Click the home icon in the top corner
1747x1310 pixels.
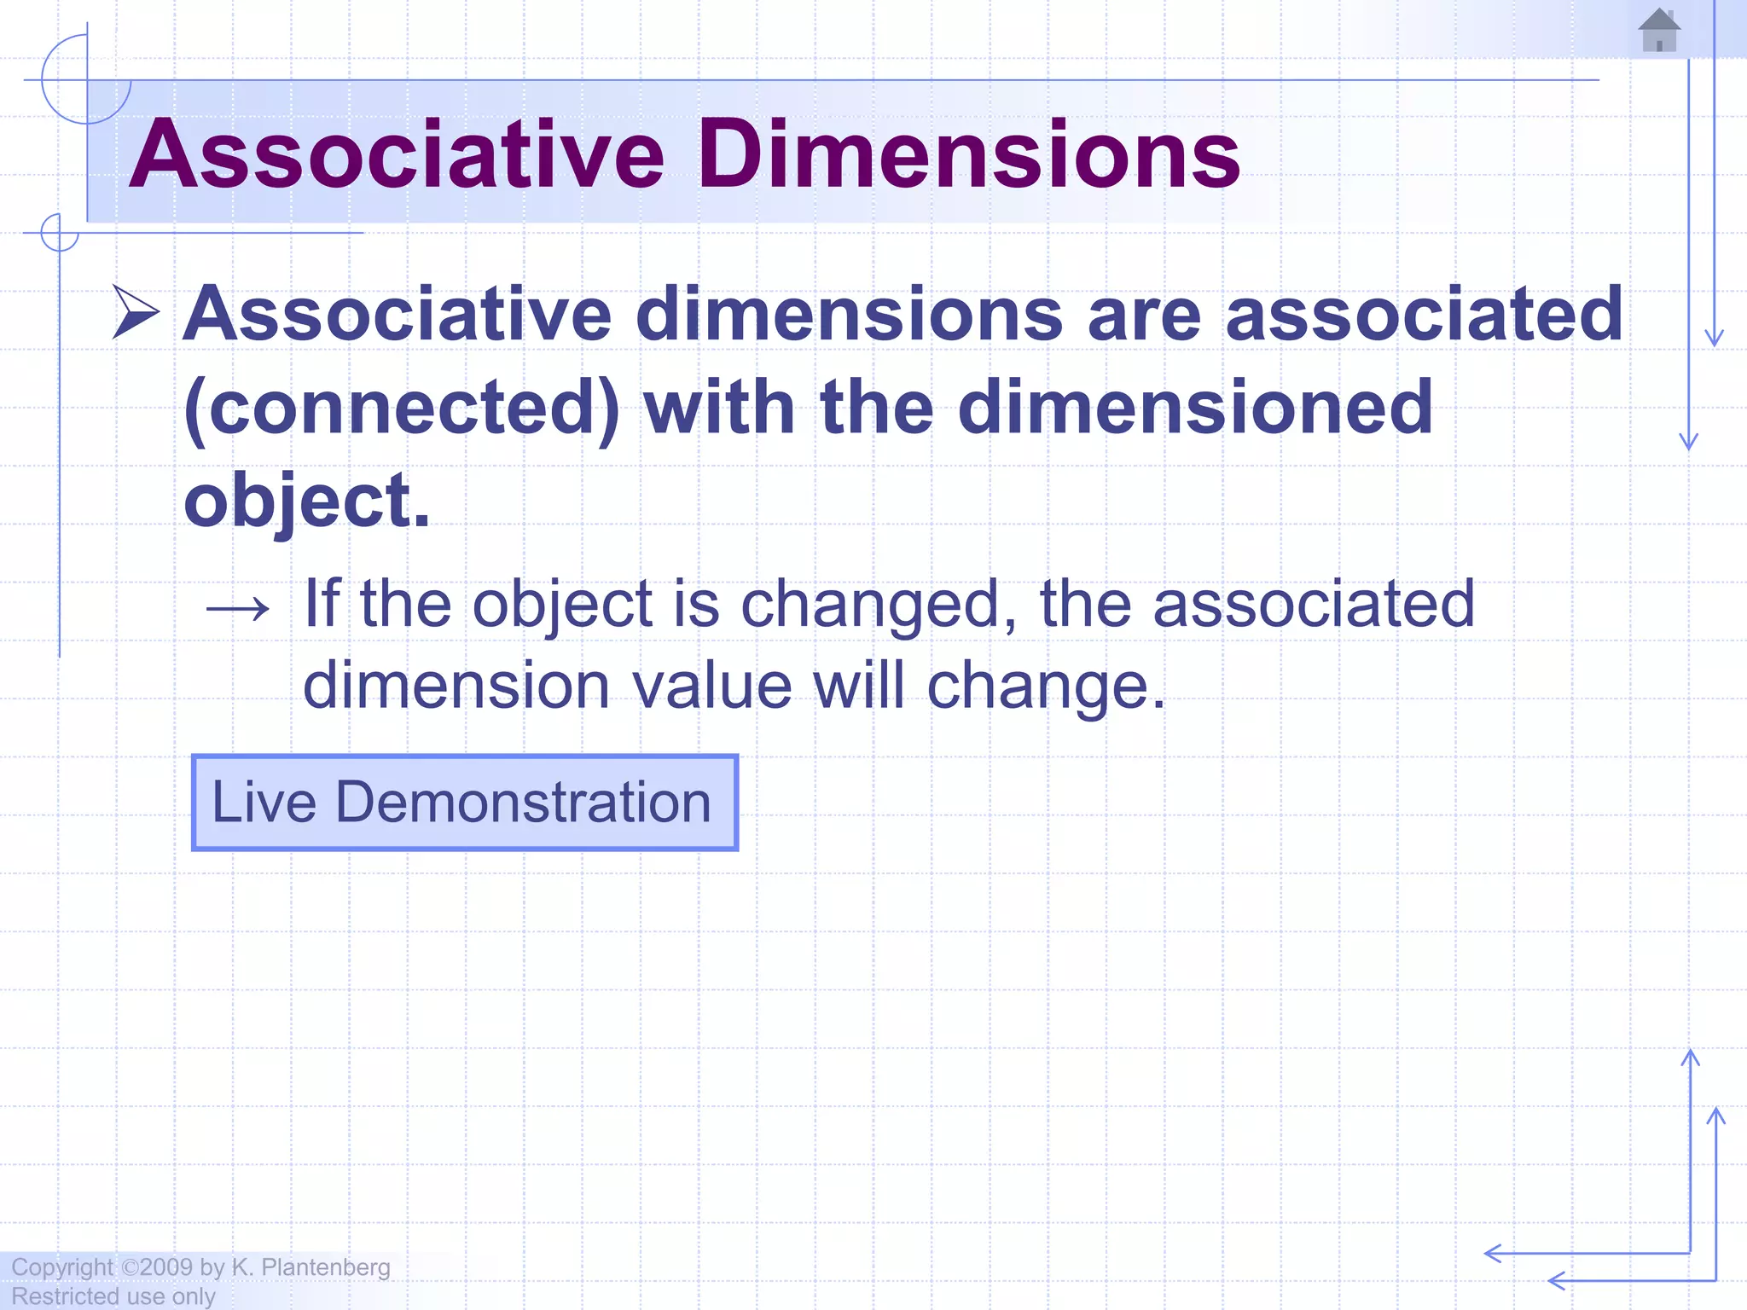[1659, 31]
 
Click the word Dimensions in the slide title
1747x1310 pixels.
[969, 154]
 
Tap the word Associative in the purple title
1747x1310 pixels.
[397, 154]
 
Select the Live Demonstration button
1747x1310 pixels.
[465, 803]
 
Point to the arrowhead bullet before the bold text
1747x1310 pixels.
[136, 313]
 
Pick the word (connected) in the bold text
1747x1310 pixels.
[402, 408]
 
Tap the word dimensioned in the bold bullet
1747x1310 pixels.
[1195, 408]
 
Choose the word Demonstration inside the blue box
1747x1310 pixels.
[523, 803]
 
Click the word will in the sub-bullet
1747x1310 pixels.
[859, 685]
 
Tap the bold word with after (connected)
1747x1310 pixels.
[719, 408]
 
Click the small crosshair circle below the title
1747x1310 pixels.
[60, 232]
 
